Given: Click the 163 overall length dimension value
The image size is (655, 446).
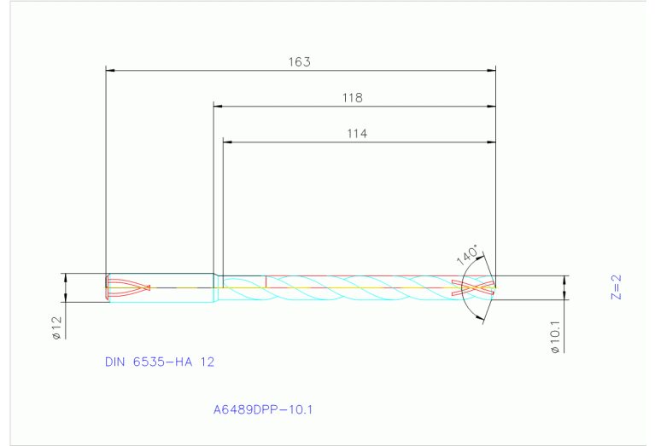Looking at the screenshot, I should (299, 61).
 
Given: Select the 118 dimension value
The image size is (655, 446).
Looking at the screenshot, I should (353, 97).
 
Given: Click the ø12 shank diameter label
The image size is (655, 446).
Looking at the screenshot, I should (56, 328).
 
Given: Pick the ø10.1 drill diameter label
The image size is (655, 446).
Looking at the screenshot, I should (555, 336).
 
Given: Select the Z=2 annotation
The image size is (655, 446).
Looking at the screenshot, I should (616, 287).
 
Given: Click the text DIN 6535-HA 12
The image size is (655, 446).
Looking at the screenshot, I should (160, 362).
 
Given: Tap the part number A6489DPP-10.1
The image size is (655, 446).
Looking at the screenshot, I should (263, 409).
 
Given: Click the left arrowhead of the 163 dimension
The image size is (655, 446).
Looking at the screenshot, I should (109, 71).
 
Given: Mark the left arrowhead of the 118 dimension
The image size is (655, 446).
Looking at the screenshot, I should (218, 107).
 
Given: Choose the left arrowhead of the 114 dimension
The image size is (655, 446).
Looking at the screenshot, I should (227, 141).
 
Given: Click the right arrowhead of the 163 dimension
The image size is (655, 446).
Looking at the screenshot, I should (491, 71).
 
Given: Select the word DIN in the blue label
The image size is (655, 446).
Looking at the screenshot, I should (114, 362).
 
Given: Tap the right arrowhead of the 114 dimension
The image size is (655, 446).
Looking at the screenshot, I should (491, 141).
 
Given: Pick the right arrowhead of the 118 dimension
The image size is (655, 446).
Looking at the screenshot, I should (491, 107).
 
